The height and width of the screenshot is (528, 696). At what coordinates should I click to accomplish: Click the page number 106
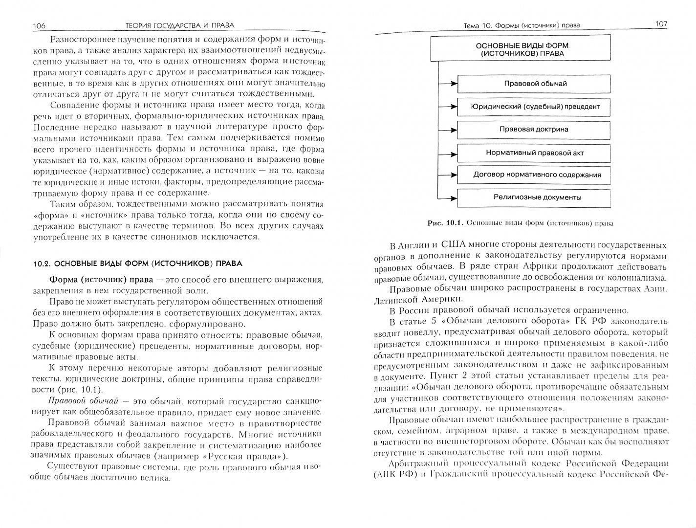(x=39, y=26)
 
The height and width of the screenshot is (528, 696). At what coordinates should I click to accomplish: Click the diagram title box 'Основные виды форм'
(x=520, y=49)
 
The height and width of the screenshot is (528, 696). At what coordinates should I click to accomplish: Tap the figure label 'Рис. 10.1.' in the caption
(x=445, y=223)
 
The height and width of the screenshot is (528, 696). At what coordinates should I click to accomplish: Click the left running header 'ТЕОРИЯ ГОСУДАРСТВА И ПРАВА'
(x=171, y=25)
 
